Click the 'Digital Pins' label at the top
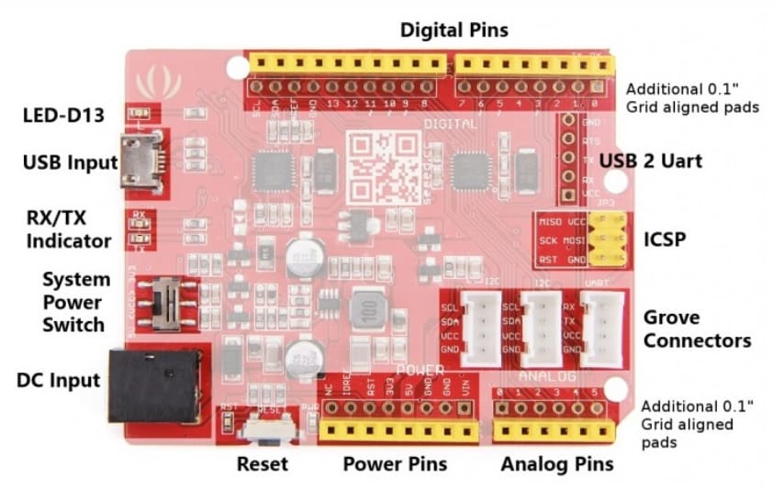pyautogui.click(x=454, y=29)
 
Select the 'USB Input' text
pyautogui.click(x=71, y=163)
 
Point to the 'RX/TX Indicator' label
pyautogui.click(x=69, y=230)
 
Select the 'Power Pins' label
pyautogui.click(x=395, y=463)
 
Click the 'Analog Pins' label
pyautogui.click(x=557, y=463)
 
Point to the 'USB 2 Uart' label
pyautogui.click(x=651, y=161)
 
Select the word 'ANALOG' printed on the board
pyautogui.click(x=547, y=377)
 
